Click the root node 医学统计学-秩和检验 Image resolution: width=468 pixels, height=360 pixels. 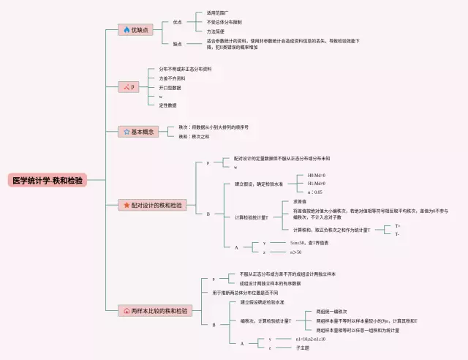[47, 180]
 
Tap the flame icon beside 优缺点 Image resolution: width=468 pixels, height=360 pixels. [127, 30]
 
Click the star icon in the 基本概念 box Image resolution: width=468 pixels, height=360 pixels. [127, 132]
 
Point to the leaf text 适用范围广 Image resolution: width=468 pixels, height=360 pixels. [209, 13]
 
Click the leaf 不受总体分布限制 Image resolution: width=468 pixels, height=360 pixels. [214, 22]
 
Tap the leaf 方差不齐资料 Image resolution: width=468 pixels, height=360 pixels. [172, 78]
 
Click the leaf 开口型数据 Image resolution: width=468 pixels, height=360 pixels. [170, 87]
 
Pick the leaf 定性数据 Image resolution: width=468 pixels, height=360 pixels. [167, 105]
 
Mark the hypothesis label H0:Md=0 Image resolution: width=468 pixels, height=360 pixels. [317, 176]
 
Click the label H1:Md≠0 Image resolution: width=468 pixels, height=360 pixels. [317, 184]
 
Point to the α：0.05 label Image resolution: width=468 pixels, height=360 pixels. [315, 192]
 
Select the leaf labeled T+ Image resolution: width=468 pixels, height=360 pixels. [397, 226]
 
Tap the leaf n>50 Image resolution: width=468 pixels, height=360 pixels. [296, 252]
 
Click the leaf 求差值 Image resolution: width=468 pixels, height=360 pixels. [300, 201]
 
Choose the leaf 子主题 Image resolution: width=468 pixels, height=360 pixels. [302, 348]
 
